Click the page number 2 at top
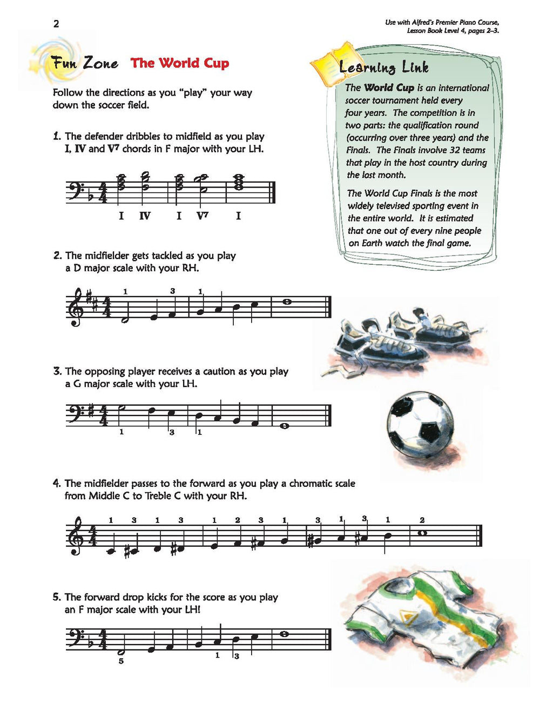pos(56,23)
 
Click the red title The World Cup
pos(180,63)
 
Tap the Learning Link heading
pos(384,68)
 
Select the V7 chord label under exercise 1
pos(203,216)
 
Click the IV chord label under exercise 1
pos(145,216)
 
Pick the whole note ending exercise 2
pos(287,302)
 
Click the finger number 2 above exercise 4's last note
pos(422,520)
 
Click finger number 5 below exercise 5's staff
pos(121,661)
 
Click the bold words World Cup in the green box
pos(389,88)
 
